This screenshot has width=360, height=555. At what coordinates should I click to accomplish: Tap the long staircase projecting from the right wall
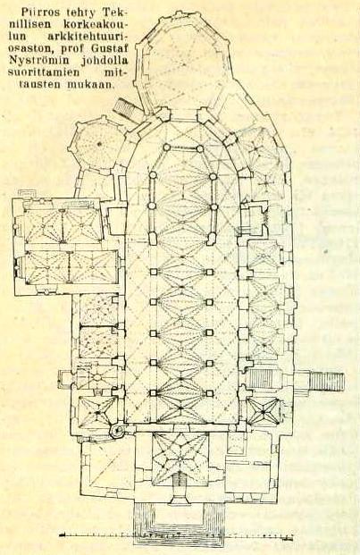[x=325, y=381]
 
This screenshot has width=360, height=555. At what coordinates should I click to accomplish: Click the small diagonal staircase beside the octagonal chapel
[x=125, y=107]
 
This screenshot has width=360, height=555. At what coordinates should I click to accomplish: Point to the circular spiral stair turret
[x=117, y=431]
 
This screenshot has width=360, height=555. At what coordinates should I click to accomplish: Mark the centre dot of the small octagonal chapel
[x=99, y=143]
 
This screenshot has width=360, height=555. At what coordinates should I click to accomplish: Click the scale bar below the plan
[x=177, y=534]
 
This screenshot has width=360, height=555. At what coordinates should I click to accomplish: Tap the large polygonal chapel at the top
[x=187, y=61]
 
